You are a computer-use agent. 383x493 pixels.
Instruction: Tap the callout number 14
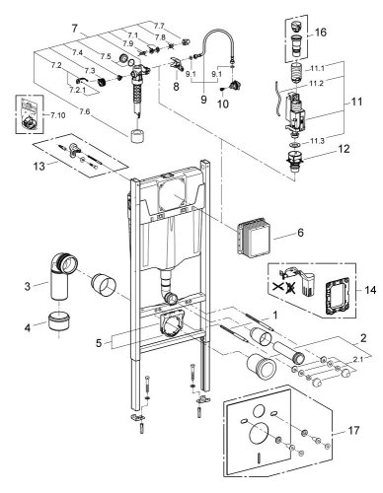[x=369, y=293]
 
